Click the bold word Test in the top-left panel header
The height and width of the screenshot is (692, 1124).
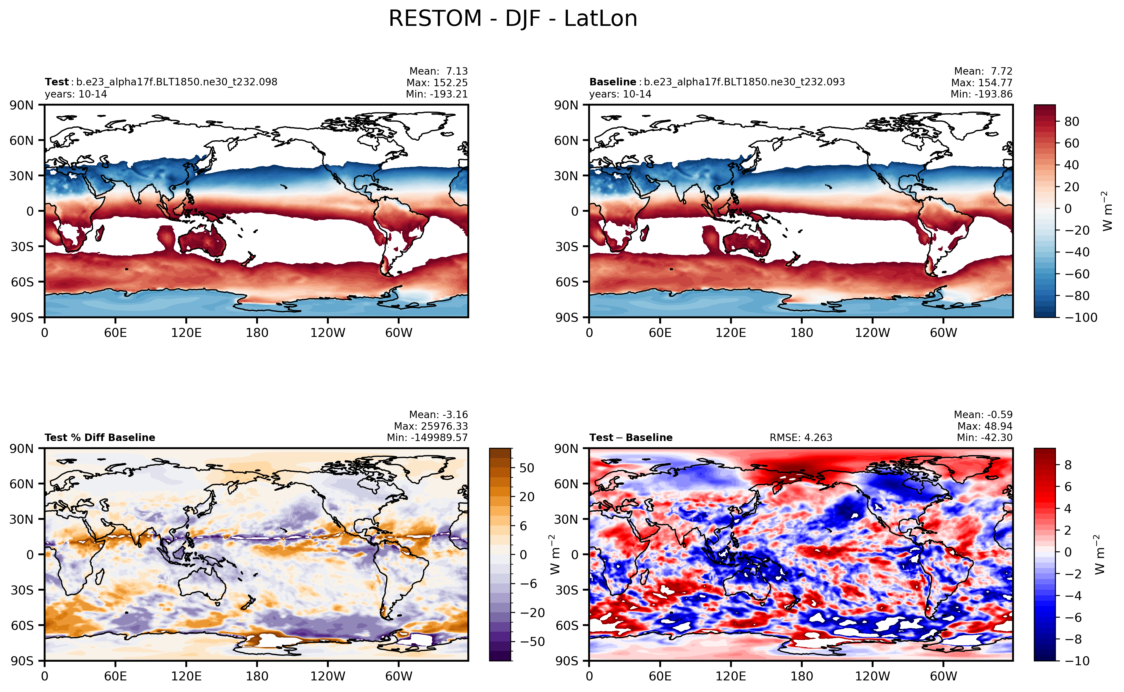click(56, 82)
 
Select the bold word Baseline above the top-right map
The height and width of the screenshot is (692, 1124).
click(612, 82)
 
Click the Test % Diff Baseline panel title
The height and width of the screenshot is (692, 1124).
click(100, 437)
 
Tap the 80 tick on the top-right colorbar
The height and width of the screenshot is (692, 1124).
click(1071, 122)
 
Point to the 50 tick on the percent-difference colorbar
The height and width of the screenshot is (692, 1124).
click(527, 468)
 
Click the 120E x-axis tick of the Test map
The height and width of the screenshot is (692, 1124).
click(186, 333)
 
